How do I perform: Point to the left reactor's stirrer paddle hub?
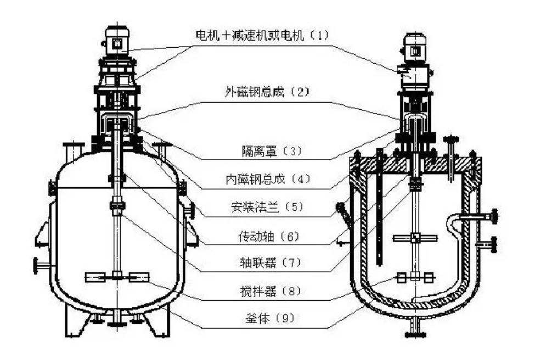pyautogui.click(x=116, y=277)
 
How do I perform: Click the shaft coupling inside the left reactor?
pyautogui.click(x=117, y=206)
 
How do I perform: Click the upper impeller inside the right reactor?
pyautogui.click(x=415, y=238)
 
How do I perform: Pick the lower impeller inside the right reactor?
pyautogui.click(x=415, y=277)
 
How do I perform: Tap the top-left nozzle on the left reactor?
pyautogui.click(x=72, y=149)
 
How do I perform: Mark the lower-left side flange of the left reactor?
pyautogui.click(x=41, y=266)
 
